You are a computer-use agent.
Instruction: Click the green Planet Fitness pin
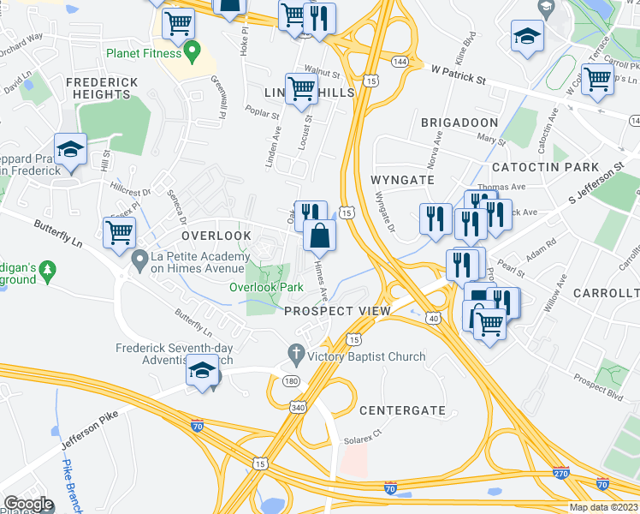coord(193,51)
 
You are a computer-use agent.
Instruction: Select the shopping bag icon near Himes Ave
coord(318,236)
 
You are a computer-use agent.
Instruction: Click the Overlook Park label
coord(266,288)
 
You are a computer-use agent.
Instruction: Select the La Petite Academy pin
coord(139,258)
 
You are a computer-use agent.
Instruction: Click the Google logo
coord(28,503)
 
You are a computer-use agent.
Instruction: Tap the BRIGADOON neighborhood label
coord(459,123)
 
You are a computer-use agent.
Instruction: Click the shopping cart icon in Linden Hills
coord(301,87)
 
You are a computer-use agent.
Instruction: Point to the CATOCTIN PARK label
coord(546,167)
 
